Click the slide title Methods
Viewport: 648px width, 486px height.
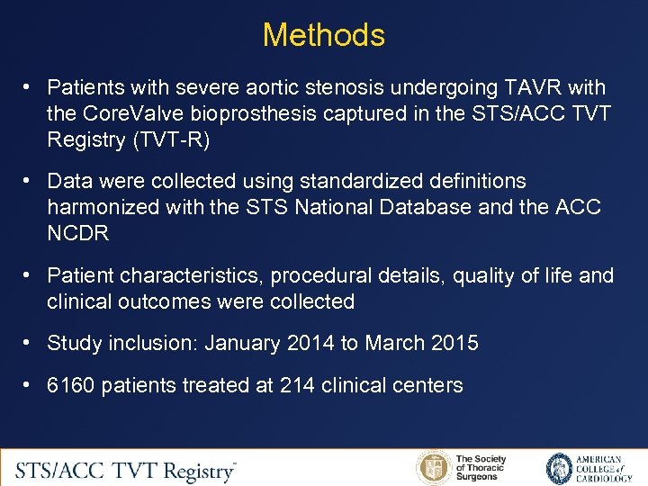coord(324,35)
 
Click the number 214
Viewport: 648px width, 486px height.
coord(298,385)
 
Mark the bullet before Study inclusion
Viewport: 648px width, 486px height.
coord(30,343)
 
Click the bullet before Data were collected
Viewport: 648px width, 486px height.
coord(30,181)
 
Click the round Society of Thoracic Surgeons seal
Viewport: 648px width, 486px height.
coord(433,469)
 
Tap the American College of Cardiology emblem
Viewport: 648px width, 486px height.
coord(560,469)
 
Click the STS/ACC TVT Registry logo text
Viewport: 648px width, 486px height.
coord(126,470)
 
